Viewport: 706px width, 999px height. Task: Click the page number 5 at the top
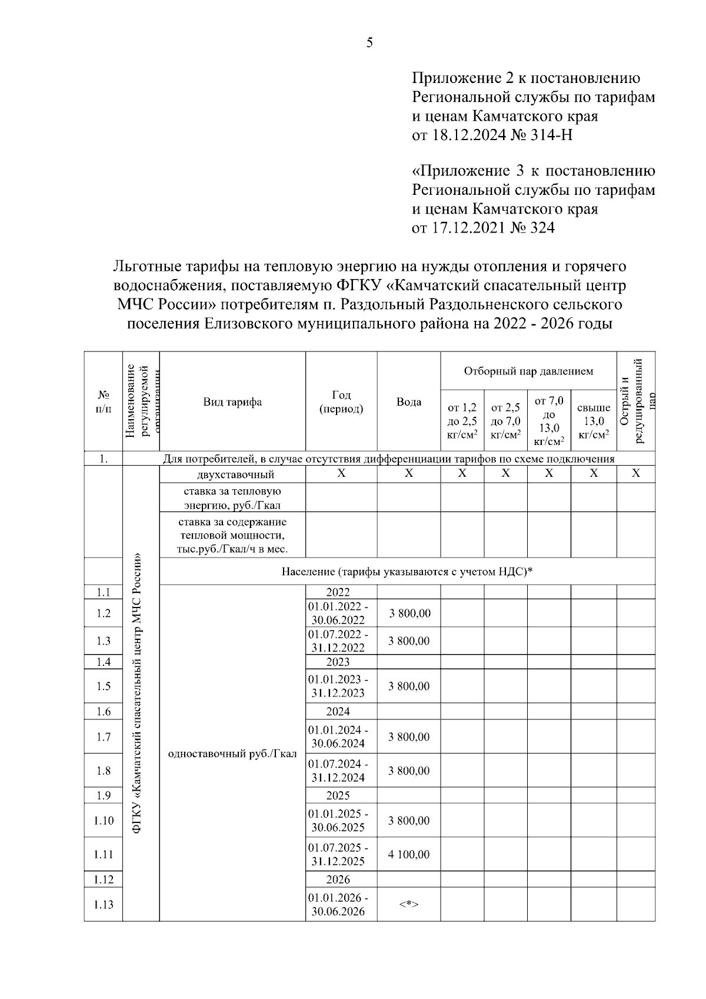[x=369, y=42]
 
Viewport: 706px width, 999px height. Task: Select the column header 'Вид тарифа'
[x=232, y=401]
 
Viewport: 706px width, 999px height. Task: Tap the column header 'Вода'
[x=408, y=401]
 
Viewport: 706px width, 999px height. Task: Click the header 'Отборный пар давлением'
[x=528, y=371]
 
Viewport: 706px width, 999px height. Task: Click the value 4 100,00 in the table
[x=408, y=854]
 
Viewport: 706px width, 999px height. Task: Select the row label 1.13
[x=104, y=904]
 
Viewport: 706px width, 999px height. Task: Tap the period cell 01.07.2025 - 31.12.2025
[x=338, y=854]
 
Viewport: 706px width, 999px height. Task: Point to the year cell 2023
[x=338, y=662]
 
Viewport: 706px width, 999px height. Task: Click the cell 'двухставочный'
[x=232, y=474]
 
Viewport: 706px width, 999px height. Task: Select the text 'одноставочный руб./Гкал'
[x=232, y=754]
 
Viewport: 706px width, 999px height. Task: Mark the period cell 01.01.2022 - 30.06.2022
[x=338, y=613]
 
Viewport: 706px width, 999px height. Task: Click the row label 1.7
[x=104, y=736]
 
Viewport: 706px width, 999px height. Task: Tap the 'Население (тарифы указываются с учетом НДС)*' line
[x=407, y=571]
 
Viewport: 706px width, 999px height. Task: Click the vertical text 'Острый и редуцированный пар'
[x=635, y=401]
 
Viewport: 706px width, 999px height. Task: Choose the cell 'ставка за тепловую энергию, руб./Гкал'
[x=232, y=497]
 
